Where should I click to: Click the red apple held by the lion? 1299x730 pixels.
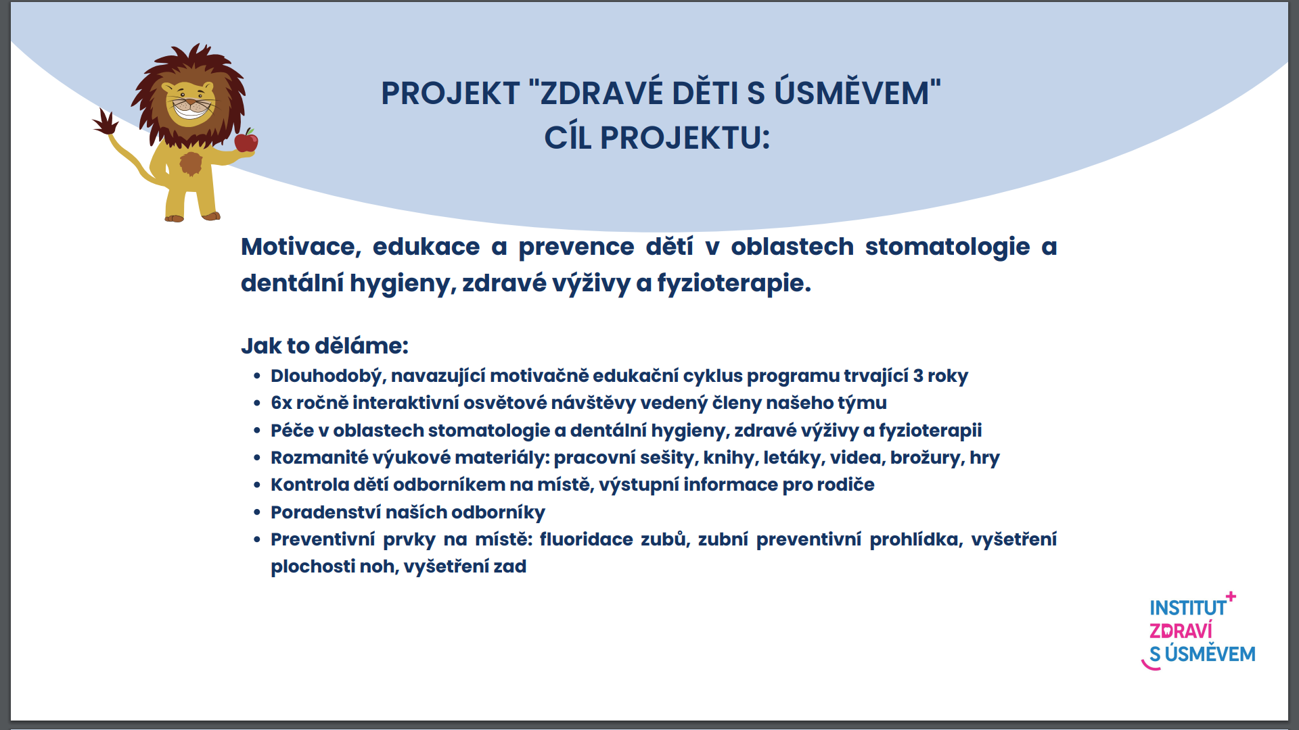pyautogui.click(x=246, y=141)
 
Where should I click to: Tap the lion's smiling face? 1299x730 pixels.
pyautogui.click(x=190, y=103)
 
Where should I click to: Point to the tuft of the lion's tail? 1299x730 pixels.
pyautogui.click(x=105, y=123)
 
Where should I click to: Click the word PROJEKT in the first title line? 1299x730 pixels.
pyautogui.click(x=451, y=93)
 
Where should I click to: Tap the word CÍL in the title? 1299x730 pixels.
pyautogui.click(x=568, y=137)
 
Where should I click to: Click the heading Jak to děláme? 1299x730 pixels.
pyautogui.click(x=325, y=345)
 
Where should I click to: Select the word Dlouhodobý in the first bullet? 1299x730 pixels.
pyautogui.click(x=328, y=376)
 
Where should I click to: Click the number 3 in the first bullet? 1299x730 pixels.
pyautogui.click(x=918, y=376)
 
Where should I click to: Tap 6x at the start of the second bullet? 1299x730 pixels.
pyautogui.click(x=281, y=403)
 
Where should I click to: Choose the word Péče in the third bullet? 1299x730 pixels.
pyautogui.click(x=292, y=430)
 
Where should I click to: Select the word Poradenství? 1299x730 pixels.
pyautogui.click(x=326, y=512)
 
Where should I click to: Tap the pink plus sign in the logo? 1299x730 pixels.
pyautogui.click(x=1231, y=596)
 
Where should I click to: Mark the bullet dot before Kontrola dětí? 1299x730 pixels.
pyautogui.click(x=257, y=485)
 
